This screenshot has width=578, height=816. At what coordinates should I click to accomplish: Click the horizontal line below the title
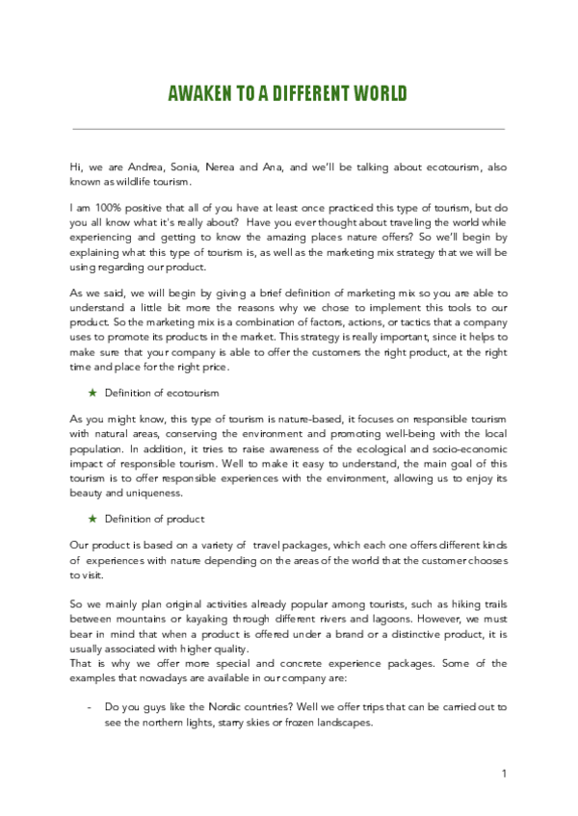(289, 128)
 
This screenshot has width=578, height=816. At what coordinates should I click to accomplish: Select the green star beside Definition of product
(92, 519)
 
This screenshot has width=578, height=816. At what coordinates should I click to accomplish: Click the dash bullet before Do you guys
(89, 706)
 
